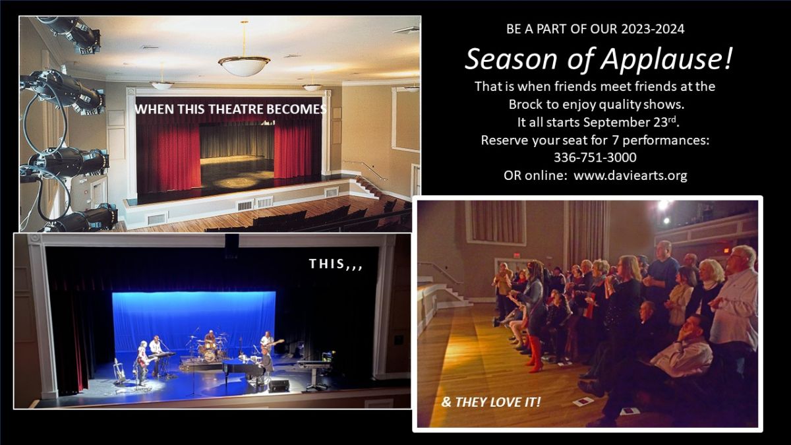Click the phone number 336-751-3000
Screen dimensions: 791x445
click(595, 158)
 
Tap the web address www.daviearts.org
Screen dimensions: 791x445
click(630, 175)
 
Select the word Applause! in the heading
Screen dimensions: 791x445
click(666, 59)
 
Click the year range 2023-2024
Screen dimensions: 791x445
click(653, 29)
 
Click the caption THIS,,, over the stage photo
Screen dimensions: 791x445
click(336, 264)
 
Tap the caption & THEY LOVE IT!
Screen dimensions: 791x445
click(491, 402)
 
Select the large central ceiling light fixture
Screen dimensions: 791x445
click(244, 66)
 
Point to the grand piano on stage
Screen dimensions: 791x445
click(243, 367)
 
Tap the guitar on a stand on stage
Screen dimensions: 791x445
click(117, 370)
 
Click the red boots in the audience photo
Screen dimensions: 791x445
click(535, 354)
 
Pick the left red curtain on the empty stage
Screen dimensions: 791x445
click(169, 157)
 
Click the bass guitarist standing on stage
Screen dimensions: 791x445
click(268, 342)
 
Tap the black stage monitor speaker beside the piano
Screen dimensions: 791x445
click(279, 386)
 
